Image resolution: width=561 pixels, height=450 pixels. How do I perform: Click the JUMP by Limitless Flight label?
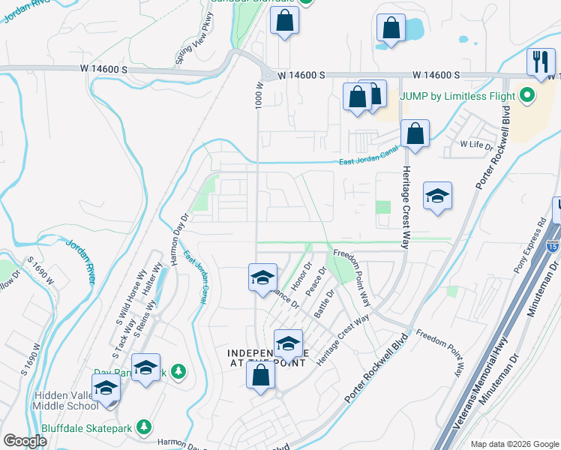457,96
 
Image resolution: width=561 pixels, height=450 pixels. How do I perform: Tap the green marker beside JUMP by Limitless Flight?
526,96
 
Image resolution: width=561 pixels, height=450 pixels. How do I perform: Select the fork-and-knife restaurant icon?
541,61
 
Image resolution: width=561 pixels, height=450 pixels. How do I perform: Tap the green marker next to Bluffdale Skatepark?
144,427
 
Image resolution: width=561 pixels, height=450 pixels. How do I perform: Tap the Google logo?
25,441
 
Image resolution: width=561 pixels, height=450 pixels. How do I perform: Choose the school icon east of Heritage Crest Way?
438,196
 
